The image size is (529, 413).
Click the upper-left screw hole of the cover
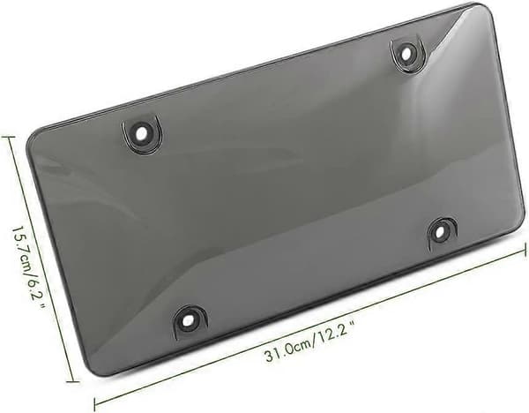[x=142, y=134]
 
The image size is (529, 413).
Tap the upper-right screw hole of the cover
[x=406, y=52]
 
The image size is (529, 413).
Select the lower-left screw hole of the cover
[x=189, y=319]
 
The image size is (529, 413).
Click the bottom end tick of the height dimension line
[x=73, y=381]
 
